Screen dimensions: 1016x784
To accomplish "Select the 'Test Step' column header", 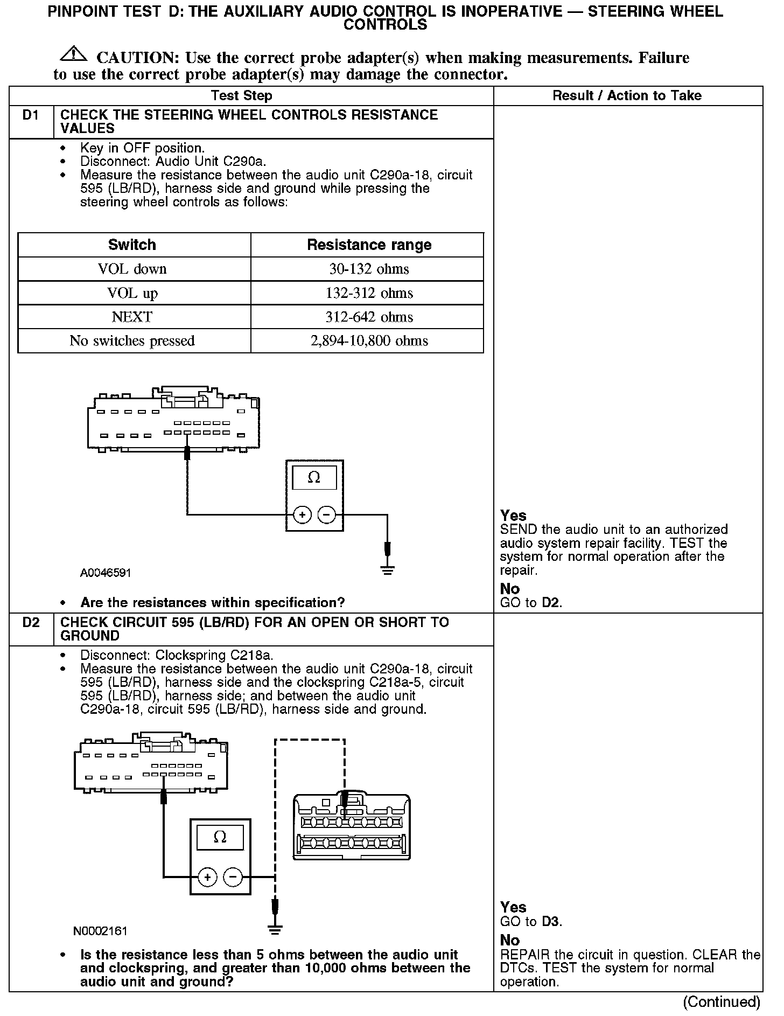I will (x=241, y=96).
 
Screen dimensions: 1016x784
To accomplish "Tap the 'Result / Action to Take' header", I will (x=627, y=96).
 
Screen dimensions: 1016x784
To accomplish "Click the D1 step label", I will (x=31, y=115).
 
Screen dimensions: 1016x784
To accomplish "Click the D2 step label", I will (x=31, y=623).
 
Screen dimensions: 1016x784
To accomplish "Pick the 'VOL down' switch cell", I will (x=132, y=269).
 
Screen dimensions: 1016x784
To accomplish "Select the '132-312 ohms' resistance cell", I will (x=369, y=293).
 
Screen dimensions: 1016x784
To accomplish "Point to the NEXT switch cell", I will (x=132, y=317).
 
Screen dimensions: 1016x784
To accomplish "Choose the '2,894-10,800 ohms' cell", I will (x=369, y=341).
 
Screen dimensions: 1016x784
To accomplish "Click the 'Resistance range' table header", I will (x=369, y=245).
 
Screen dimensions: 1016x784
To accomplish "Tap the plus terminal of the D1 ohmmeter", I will (x=303, y=515).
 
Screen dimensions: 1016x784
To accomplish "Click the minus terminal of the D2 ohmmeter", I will (x=233, y=878).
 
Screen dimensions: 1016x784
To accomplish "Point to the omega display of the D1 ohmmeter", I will (x=314, y=478).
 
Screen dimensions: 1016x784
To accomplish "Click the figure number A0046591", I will (x=106, y=573).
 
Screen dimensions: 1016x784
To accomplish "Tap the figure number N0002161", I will (x=100, y=931).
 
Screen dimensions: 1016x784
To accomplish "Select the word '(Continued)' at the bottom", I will (x=722, y=1002).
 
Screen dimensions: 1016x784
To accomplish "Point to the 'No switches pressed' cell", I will (x=132, y=341).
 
